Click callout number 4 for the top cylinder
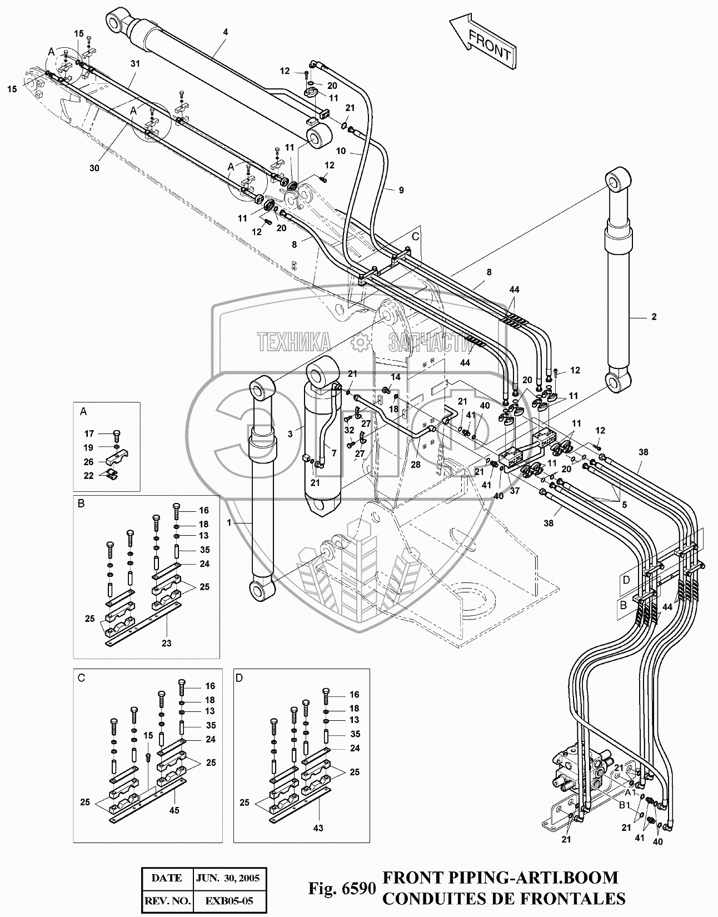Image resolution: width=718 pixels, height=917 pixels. coord(225,32)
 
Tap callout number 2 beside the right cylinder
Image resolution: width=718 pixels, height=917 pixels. coord(654,317)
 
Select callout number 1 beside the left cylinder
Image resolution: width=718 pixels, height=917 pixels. coord(228,523)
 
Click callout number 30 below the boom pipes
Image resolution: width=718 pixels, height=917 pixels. coord(94,168)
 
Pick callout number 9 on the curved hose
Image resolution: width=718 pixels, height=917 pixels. coord(401,190)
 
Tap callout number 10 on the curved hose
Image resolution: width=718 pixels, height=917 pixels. coord(341,151)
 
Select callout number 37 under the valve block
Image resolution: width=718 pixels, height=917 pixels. coord(515,490)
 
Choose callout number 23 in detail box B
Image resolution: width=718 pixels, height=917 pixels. coord(166,643)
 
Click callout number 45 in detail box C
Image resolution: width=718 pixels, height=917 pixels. coord(174,811)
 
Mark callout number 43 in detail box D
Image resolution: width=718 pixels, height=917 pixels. coord(318,828)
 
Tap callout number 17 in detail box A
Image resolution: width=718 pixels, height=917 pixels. coord(89,433)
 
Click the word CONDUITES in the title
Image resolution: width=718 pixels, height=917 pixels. coord(433,898)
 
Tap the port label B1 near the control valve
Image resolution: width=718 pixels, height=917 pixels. coord(625,805)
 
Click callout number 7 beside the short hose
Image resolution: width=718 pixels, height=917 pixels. coord(333,453)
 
